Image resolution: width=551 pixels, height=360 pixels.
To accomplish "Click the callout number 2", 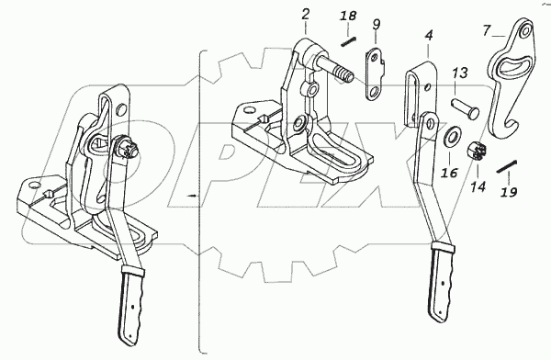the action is [x=306, y=15].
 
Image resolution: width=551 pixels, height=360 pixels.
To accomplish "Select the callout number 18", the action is [x=348, y=16].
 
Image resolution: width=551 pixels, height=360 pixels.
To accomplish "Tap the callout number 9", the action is [x=376, y=25].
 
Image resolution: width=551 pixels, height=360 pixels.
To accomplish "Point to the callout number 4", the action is [x=429, y=35].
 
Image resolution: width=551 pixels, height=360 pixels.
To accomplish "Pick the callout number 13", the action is [x=460, y=73].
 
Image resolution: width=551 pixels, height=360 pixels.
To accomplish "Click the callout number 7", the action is [x=487, y=30].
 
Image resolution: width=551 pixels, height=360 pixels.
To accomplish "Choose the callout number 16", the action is [x=450, y=173].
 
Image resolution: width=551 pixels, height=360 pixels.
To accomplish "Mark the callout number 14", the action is [x=478, y=186].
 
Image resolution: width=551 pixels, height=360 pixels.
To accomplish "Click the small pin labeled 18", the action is [x=349, y=41].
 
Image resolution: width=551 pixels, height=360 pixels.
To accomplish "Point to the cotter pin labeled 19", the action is [x=507, y=166].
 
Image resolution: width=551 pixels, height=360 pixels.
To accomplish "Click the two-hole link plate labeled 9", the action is [x=375, y=73].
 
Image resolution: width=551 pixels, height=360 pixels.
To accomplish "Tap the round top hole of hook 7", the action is [x=525, y=31].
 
